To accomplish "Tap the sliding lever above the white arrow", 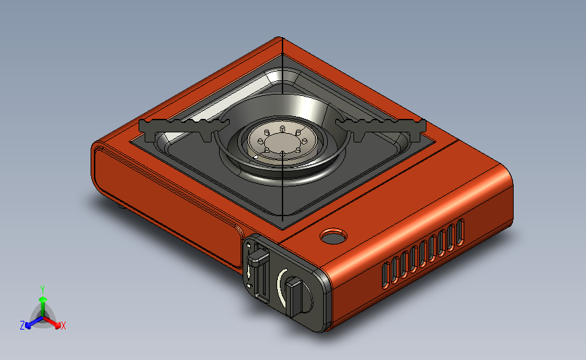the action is pyautogui.click(x=258, y=257).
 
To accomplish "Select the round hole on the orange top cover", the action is pyautogui.click(x=333, y=236).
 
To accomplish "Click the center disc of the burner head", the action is pyautogui.click(x=283, y=142).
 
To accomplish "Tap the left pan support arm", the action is pyautogui.click(x=183, y=128).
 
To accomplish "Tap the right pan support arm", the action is pyautogui.click(x=381, y=128).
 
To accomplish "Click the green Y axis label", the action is pyautogui.click(x=43, y=290).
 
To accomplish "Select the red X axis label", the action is pyautogui.click(x=63, y=326).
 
